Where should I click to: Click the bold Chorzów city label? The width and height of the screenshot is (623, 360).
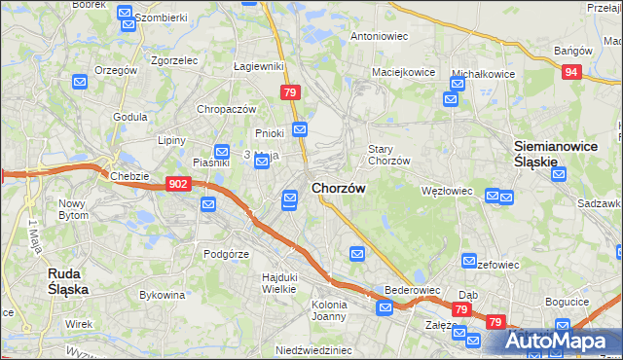(x=338, y=188)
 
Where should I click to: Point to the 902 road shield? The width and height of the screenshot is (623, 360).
(x=177, y=183)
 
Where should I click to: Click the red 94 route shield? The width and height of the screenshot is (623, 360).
(x=573, y=72)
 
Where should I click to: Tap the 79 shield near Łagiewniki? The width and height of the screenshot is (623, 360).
(x=289, y=92)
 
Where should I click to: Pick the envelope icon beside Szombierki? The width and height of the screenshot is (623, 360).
(x=125, y=14)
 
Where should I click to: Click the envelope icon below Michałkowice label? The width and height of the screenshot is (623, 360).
(x=451, y=98)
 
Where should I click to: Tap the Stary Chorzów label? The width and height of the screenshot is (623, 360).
(x=388, y=155)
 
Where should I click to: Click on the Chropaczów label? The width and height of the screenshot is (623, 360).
(x=226, y=110)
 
